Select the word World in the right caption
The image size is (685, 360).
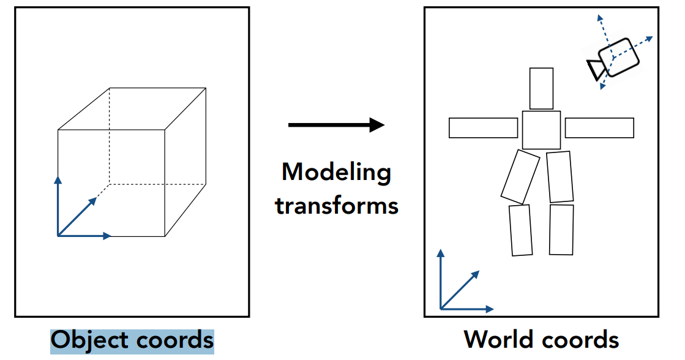(497, 339)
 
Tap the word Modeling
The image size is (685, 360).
(336, 172)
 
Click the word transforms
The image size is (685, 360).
(337, 204)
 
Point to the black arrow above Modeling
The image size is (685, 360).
(336, 126)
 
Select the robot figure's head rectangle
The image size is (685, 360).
(541, 88)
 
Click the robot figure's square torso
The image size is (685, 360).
(541, 130)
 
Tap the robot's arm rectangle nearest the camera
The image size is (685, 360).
(599, 128)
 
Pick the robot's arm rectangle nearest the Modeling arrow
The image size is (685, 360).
(483, 127)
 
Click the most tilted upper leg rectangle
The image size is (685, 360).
(520, 177)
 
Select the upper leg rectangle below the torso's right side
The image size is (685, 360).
(560, 177)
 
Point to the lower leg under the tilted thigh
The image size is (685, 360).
(520, 230)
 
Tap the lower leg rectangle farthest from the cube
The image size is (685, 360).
(561, 230)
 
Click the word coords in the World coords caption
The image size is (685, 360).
(580, 339)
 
